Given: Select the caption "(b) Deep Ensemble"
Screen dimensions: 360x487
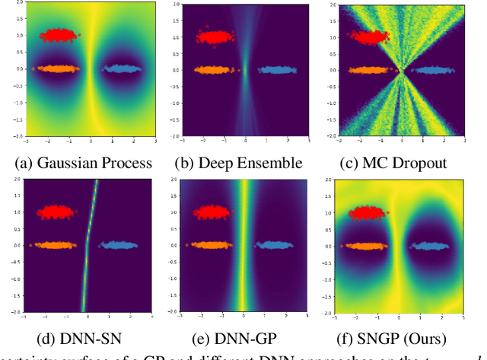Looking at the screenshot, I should tap(243, 162).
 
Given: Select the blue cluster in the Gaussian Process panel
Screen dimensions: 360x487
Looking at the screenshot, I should tap(123, 68).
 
